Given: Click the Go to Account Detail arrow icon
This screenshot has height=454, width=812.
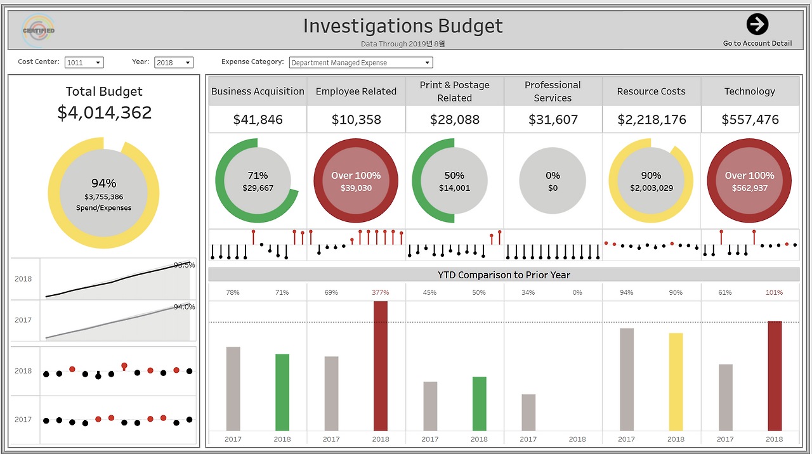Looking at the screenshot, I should pyautogui.click(x=757, y=25).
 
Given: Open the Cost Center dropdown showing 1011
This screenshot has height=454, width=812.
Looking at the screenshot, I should pyautogui.click(x=84, y=63).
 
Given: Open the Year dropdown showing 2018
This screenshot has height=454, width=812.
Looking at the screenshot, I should pyautogui.click(x=173, y=63).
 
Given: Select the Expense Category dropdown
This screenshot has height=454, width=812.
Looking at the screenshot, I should pyautogui.click(x=361, y=63).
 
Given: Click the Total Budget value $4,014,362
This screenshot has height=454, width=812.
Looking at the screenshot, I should pyautogui.click(x=105, y=113).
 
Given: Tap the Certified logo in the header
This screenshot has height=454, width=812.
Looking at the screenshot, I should pyautogui.click(x=38, y=30).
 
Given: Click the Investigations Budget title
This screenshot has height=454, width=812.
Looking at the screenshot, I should pyautogui.click(x=403, y=26).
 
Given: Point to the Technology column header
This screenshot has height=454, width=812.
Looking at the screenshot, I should pyautogui.click(x=750, y=91).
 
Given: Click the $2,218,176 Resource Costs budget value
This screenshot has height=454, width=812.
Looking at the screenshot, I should pyautogui.click(x=652, y=120).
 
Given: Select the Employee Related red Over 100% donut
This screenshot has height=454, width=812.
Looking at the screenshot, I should pyautogui.click(x=356, y=181).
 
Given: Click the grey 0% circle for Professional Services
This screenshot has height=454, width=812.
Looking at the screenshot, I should pyautogui.click(x=553, y=181).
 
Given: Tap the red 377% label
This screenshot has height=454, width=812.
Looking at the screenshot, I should pyautogui.click(x=381, y=293).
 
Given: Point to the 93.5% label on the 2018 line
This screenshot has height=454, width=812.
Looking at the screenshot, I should pyautogui.click(x=184, y=265).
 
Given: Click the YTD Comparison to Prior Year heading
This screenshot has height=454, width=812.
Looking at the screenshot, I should pyautogui.click(x=504, y=275).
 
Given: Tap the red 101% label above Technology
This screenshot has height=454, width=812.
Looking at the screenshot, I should pyautogui.click(x=774, y=293).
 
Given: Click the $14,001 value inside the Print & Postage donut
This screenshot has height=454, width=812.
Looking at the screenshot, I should pyautogui.click(x=454, y=188).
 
